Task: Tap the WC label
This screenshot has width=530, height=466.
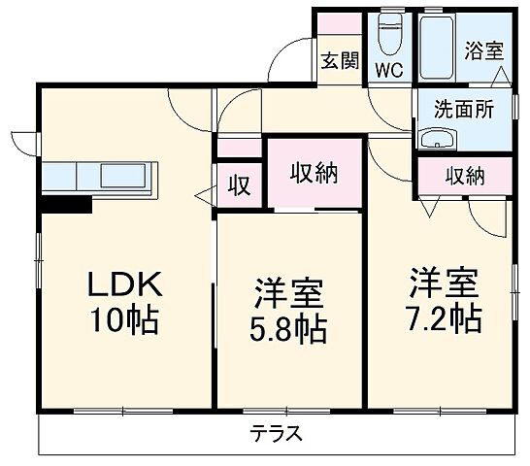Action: point(390,70)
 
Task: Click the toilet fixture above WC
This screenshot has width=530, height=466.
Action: point(390,37)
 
